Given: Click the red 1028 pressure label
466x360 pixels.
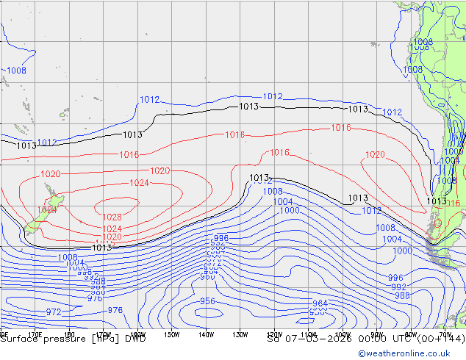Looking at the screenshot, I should click(x=112, y=217).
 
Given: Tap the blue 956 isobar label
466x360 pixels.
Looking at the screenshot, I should click(x=207, y=302).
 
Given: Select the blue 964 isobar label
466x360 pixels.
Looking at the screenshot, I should click(x=320, y=303).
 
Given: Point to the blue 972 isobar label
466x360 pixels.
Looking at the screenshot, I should click(x=53, y=312).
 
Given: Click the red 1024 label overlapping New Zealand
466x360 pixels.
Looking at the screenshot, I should click(x=46, y=210).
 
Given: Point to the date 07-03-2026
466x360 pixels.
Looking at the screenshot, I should click(x=316, y=339).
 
